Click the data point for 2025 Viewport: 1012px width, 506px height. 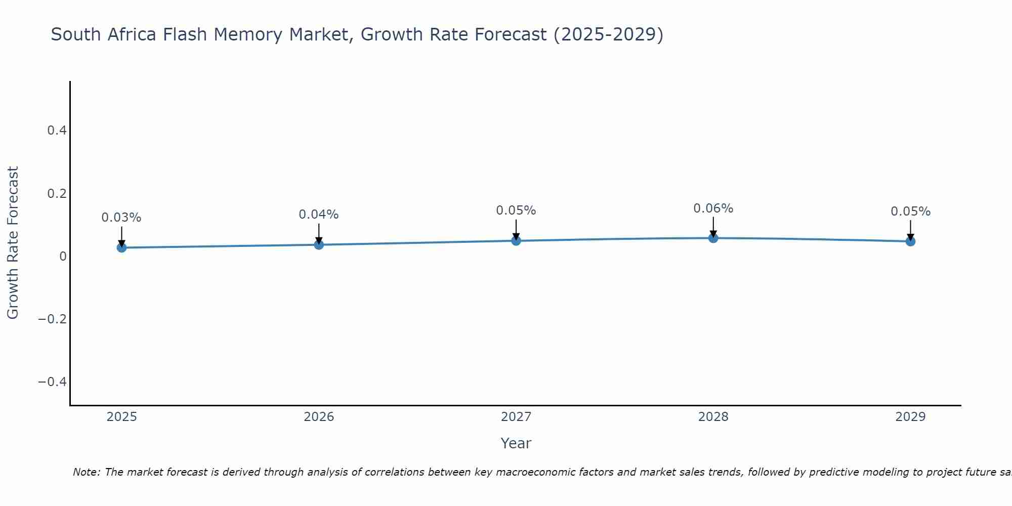[x=121, y=247]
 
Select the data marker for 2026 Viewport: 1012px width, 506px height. [x=319, y=244]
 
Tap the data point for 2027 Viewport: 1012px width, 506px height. [x=516, y=240]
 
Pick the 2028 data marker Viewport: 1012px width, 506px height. [x=713, y=238]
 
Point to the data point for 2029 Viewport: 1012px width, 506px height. [x=910, y=241]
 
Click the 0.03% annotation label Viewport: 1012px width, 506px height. [x=121, y=218]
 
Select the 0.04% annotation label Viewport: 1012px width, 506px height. [x=319, y=215]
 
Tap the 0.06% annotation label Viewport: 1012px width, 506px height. [x=713, y=208]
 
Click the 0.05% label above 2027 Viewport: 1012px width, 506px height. [x=516, y=210]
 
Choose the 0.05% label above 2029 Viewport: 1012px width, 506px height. [x=910, y=212]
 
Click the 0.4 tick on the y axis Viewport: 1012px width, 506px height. [x=57, y=131]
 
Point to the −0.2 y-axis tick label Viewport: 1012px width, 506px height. [x=53, y=319]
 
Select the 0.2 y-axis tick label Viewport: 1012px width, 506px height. [x=57, y=193]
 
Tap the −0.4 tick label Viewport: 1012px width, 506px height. [x=53, y=382]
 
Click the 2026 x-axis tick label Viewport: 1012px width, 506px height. [x=319, y=417]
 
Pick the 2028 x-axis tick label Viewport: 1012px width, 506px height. [x=713, y=417]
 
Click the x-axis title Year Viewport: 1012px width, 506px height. [x=516, y=443]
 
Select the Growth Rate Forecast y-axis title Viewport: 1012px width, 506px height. [x=13, y=243]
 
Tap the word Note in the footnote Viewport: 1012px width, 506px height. [x=87, y=472]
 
